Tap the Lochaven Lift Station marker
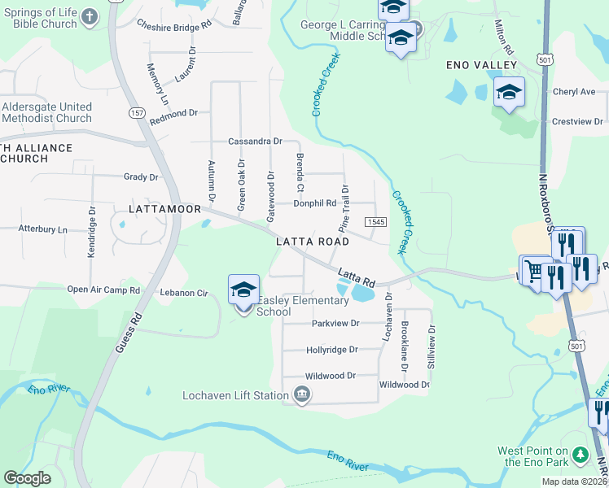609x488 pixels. click(x=302, y=396)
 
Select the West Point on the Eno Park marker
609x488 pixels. click(x=580, y=452)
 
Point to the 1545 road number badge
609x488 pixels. click(x=375, y=222)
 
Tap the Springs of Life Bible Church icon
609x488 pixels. click(x=90, y=16)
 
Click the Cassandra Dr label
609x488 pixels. click(x=255, y=141)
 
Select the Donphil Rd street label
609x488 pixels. click(x=315, y=203)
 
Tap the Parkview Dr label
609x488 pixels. click(x=335, y=323)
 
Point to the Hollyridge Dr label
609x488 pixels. click(x=332, y=350)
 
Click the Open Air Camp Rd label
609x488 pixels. click(x=103, y=290)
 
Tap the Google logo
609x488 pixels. click(x=26, y=478)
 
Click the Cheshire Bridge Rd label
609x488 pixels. click(x=174, y=24)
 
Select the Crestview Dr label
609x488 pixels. click(x=576, y=121)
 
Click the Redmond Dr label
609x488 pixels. click(x=173, y=113)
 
